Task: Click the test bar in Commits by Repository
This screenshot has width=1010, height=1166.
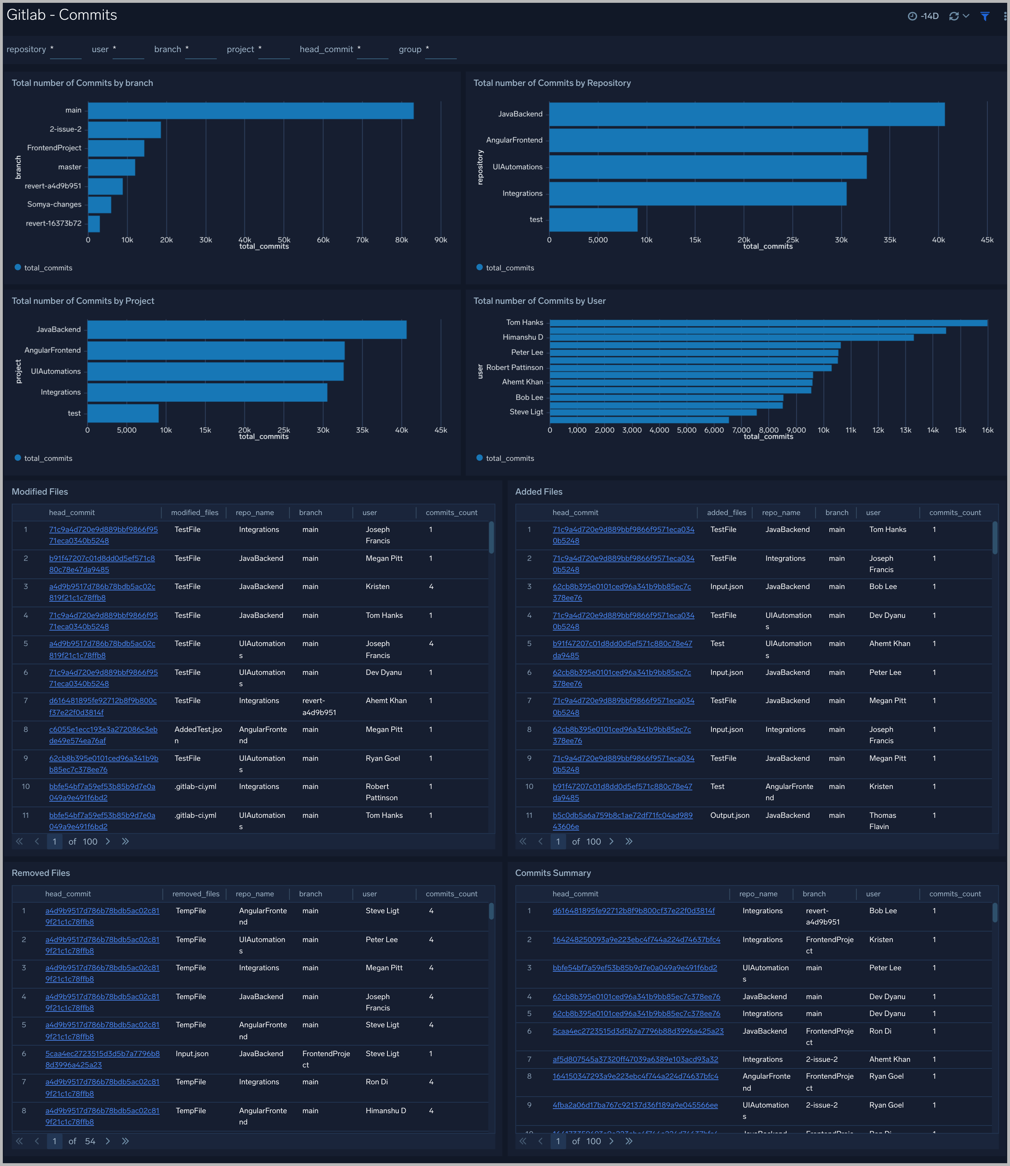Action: coord(593,220)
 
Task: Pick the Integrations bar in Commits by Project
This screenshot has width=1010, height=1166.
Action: coord(207,393)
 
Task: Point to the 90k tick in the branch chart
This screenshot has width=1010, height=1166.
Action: coord(440,240)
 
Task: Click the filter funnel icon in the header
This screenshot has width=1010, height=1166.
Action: coord(985,16)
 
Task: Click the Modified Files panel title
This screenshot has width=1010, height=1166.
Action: coord(40,492)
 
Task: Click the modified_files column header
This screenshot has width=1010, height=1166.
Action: coord(195,513)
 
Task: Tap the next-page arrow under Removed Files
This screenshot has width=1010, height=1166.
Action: coord(108,1141)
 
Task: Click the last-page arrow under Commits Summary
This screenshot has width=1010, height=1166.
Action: coord(629,1141)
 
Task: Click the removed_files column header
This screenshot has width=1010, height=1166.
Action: coord(196,894)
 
